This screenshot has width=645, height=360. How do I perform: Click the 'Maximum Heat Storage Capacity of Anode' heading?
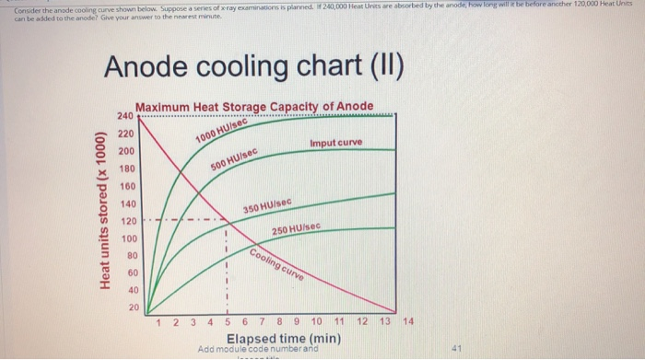tap(254, 107)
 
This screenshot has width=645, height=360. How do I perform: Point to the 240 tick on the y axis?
tap(125, 116)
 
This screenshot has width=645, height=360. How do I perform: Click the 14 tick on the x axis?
tap(409, 321)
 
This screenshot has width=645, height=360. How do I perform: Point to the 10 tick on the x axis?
tap(316, 321)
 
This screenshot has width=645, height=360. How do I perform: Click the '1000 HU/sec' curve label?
tap(218, 131)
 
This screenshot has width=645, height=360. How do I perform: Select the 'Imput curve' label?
tap(335, 143)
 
